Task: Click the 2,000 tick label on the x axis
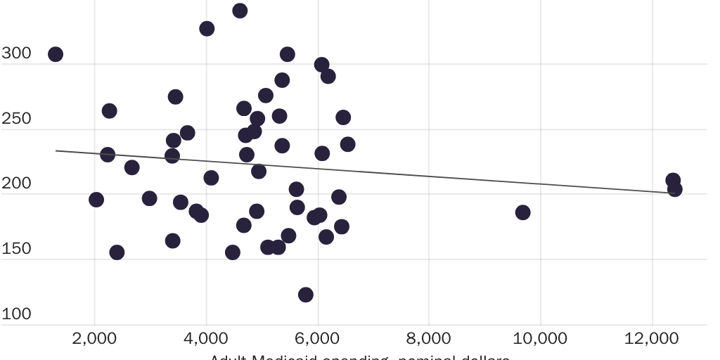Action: [94, 338]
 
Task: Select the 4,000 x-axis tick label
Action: [206, 338]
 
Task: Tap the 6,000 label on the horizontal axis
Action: [318, 338]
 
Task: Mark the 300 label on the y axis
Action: [16, 53]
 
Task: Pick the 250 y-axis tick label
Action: [16, 119]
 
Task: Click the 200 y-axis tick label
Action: [16, 184]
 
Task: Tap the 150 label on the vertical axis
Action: [16, 249]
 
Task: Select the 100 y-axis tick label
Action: [16, 314]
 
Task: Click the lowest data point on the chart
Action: [305, 295]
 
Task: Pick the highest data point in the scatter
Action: [240, 11]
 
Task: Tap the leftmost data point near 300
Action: [56, 54]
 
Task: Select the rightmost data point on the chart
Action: [675, 188]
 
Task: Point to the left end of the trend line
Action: [56, 150]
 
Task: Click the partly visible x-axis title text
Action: [359, 356]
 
